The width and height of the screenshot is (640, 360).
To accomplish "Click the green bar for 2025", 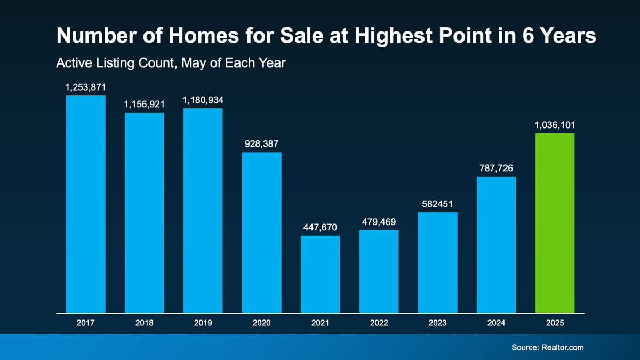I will [x=555, y=222].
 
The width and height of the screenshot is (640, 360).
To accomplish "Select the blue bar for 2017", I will [x=85, y=204].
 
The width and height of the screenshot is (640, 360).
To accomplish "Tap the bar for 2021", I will [x=320, y=274].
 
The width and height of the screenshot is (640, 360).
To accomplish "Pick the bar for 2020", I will [x=261, y=232].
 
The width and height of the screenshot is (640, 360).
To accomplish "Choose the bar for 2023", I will [x=437, y=262].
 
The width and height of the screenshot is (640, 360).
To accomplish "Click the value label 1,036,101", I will [x=555, y=126].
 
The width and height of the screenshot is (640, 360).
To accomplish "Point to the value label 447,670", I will [x=320, y=228].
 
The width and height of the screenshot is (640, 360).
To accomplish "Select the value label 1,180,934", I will [x=203, y=100].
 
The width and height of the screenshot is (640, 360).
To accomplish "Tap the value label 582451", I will [x=437, y=204].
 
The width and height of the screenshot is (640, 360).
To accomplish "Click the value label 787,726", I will [x=496, y=169].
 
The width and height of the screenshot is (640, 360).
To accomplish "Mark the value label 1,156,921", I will [x=144, y=105].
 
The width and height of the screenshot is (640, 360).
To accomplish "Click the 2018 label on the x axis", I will [x=144, y=323].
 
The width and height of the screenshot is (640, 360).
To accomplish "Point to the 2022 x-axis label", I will [x=379, y=323].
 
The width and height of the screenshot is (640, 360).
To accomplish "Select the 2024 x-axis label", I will [x=496, y=323].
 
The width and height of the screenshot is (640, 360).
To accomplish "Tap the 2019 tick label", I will [x=203, y=323].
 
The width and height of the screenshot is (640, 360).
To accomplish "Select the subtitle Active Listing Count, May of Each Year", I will [x=171, y=63].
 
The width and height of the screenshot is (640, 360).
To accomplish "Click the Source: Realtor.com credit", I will [x=547, y=347].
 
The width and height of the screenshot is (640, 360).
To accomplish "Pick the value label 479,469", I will [x=379, y=222].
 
